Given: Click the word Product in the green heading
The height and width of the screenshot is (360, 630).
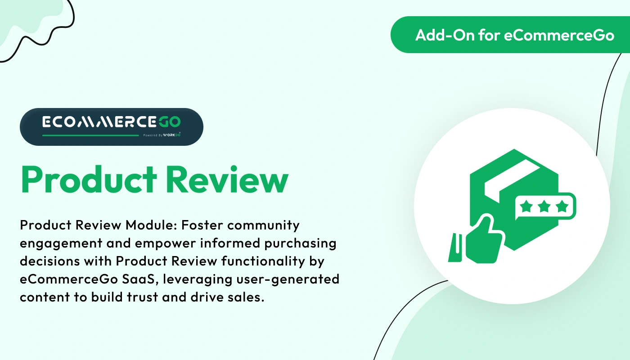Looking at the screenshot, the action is (89, 179).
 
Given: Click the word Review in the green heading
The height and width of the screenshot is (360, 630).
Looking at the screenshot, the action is (227, 179).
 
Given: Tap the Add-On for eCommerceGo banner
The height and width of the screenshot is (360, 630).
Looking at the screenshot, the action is (510, 35).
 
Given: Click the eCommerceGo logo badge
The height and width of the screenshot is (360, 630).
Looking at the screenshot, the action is (112, 126).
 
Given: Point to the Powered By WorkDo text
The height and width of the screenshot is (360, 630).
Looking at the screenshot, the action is (162, 135).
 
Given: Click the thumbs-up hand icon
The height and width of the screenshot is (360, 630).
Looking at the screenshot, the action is (484, 239).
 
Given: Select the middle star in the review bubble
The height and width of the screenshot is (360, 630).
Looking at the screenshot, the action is (544, 207).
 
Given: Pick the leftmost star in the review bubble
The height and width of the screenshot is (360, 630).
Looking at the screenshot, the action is (526, 207).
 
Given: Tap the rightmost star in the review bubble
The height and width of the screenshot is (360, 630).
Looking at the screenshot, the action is (562, 207).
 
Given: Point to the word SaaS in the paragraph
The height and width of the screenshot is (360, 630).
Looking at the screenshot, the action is (139, 279).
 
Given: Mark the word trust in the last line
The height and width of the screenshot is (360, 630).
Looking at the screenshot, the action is (142, 297).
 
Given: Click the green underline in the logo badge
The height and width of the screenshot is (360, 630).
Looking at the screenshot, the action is (90, 135).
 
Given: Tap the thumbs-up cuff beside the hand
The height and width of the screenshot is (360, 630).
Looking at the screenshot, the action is (455, 247).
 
